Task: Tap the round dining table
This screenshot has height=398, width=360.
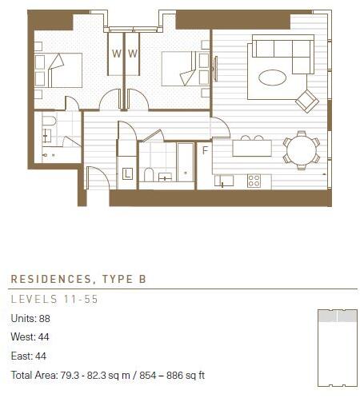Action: [301, 150]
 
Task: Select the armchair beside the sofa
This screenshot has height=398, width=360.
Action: [306, 101]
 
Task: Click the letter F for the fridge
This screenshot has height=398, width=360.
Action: [205, 149]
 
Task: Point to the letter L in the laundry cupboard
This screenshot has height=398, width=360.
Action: [126, 173]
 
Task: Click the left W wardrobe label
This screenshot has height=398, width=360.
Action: [116, 54]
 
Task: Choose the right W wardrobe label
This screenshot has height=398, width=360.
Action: [134, 54]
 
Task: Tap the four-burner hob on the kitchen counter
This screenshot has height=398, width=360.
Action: [254, 181]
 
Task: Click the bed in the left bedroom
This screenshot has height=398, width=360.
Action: [60, 70]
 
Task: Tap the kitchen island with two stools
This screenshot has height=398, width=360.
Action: [251, 149]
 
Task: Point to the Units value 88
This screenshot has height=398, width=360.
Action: [44, 318]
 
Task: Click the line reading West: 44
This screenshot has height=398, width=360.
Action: [30, 337]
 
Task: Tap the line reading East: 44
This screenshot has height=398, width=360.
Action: [29, 356]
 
